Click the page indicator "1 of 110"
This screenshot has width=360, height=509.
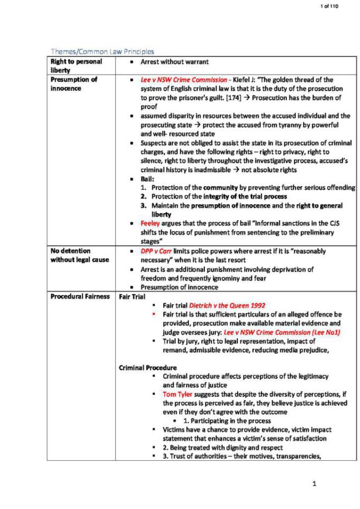pyautogui.click(x=329, y=6)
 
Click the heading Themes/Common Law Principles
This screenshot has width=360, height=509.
pyautogui.click(x=102, y=51)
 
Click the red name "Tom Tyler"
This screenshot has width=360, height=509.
pyautogui.click(x=177, y=394)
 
